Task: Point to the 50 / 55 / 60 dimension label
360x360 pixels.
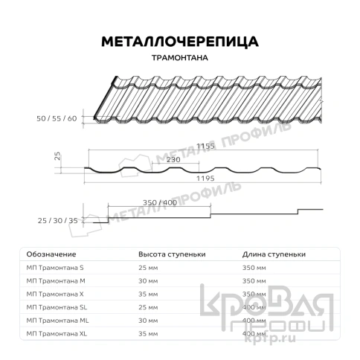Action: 56,118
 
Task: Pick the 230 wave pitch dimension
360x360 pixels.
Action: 173,159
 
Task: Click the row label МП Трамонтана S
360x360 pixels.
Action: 55,266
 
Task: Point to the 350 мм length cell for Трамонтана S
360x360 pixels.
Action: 254,266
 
